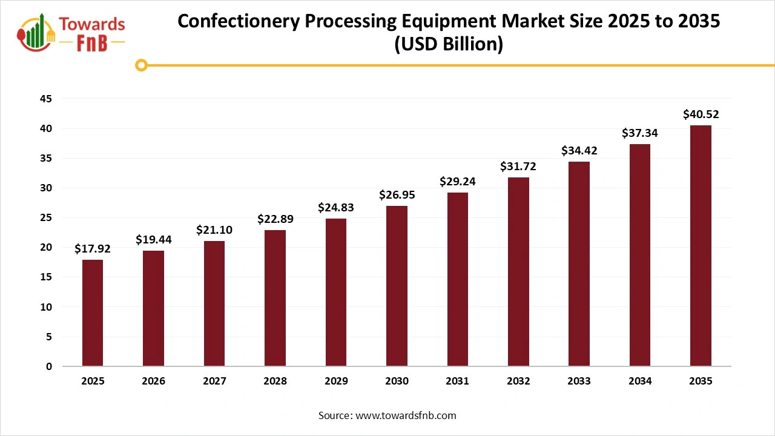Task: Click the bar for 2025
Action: point(93,313)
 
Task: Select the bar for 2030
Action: point(397,286)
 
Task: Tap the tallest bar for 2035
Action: point(701,245)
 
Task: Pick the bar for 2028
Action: point(275,298)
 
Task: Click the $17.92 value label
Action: point(93,248)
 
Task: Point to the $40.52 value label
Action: point(701,114)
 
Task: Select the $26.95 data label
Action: point(397,194)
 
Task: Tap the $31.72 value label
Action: point(518,166)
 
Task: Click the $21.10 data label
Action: point(214,230)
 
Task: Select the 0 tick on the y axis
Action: point(49,366)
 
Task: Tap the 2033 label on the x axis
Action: point(579,381)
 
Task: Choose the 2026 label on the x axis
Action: point(154,381)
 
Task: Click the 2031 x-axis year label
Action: point(457,381)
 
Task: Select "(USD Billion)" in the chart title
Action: point(449,44)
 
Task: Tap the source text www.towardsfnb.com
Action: point(405,415)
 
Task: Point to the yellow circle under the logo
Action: point(141,65)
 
